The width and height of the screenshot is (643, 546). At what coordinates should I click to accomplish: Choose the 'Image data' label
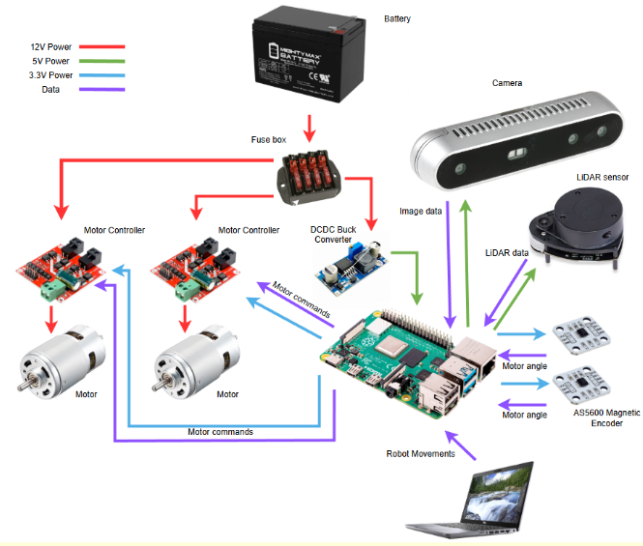pos(422,210)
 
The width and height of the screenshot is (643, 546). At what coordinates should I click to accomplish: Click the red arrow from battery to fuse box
pos(308,126)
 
